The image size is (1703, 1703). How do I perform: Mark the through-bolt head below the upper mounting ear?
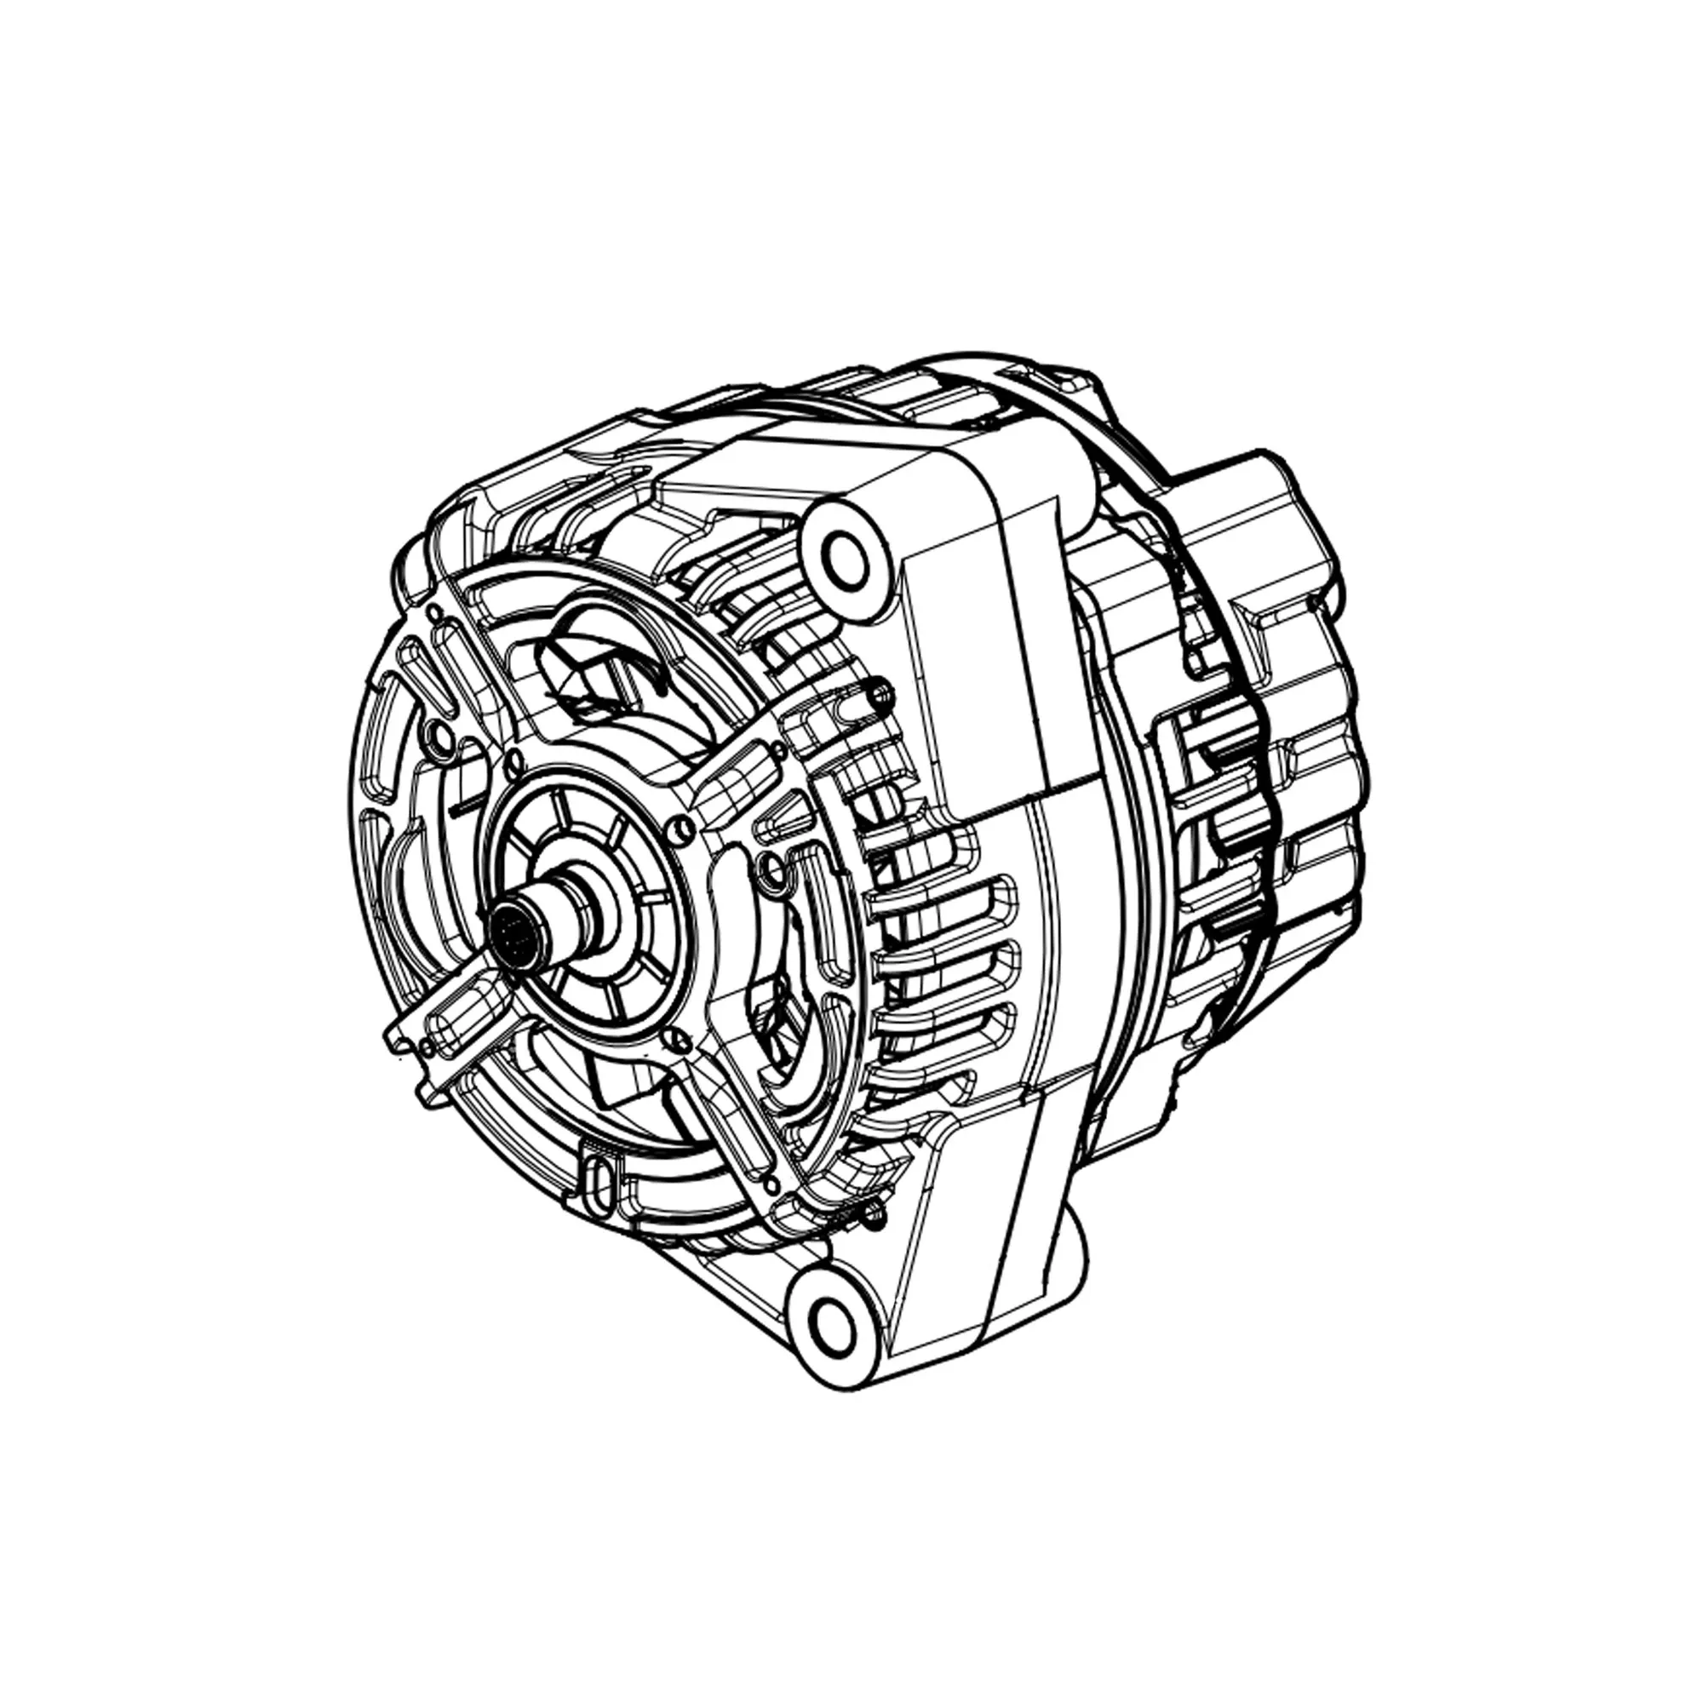[877, 694]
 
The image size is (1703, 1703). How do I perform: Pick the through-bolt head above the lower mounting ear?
[874, 1219]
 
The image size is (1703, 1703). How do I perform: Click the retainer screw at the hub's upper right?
[678, 826]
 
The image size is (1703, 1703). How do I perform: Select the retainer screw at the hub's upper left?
[510, 756]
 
